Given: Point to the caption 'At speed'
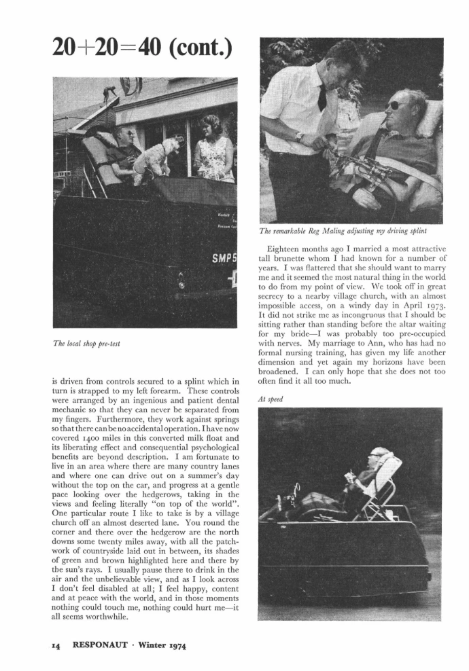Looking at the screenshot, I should pyautogui.click(x=272, y=399).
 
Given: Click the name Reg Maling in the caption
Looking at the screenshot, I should pyautogui.click(x=330, y=232).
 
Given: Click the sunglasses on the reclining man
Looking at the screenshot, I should pyautogui.click(x=396, y=105).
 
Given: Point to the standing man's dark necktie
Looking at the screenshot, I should pyautogui.click(x=322, y=97).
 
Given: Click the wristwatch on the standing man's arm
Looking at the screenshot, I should pyautogui.click(x=300, y=138).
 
